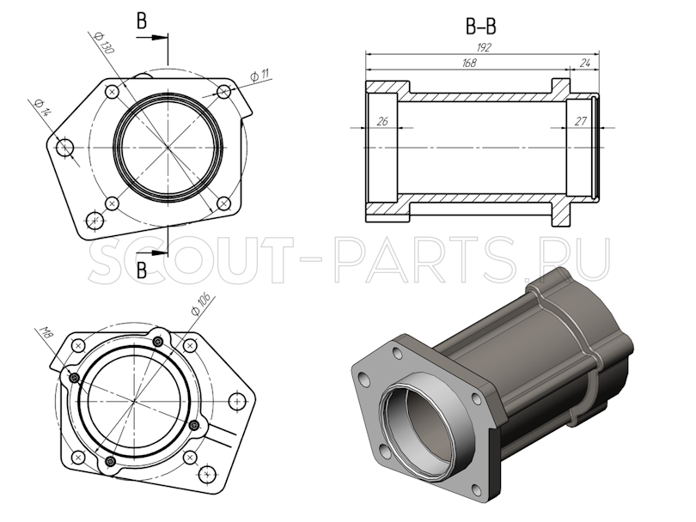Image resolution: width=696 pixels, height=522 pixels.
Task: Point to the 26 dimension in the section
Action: pos(382,121)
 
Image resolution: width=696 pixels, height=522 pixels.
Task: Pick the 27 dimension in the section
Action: pos(580,121)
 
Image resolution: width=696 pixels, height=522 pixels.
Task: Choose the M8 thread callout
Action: pos(47,333)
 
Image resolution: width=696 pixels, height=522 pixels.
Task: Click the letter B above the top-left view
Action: pos(142,21)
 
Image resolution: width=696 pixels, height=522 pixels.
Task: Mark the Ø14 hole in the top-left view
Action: pos(65,148)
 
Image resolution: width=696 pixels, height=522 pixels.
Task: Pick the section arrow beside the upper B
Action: pos(159,38)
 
